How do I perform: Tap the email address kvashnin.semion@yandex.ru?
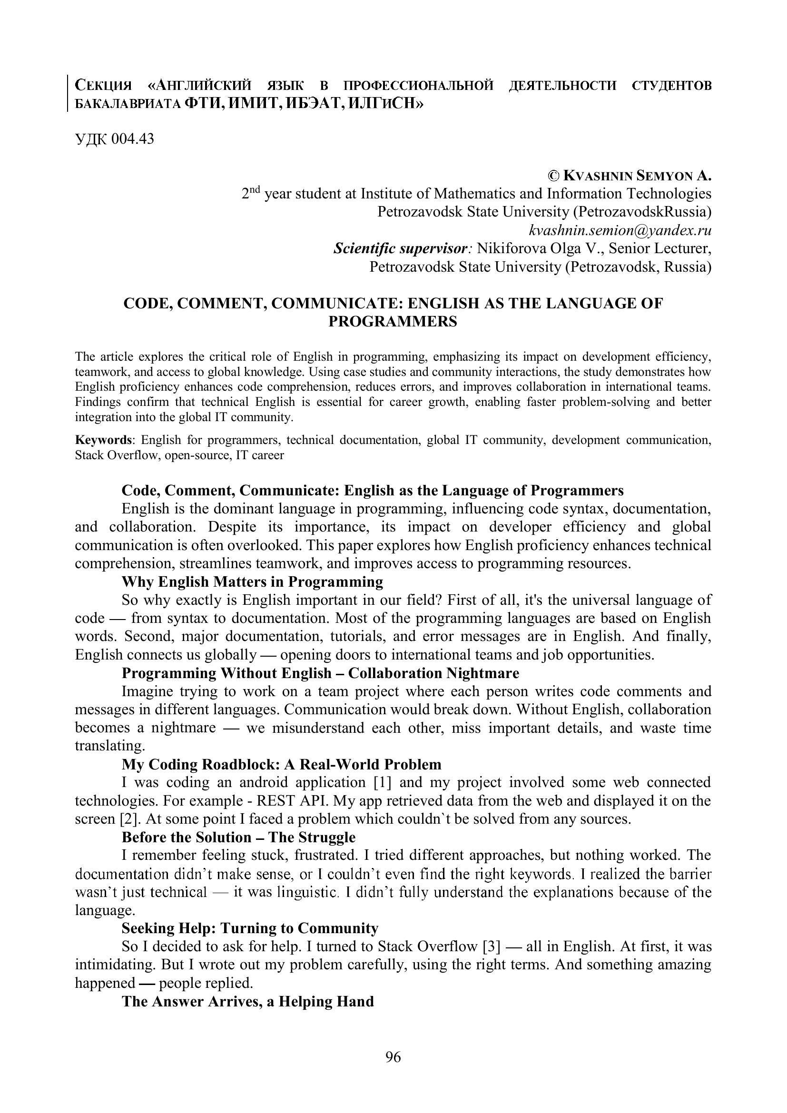click(620, 230)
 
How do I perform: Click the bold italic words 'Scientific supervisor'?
click(401, 248)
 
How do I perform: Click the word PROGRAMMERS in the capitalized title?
click(393, 321)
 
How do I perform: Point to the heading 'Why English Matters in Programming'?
click(252, 581)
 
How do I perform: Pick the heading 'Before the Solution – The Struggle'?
click(238, 837)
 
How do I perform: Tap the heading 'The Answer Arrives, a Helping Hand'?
click(247, 1001)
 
